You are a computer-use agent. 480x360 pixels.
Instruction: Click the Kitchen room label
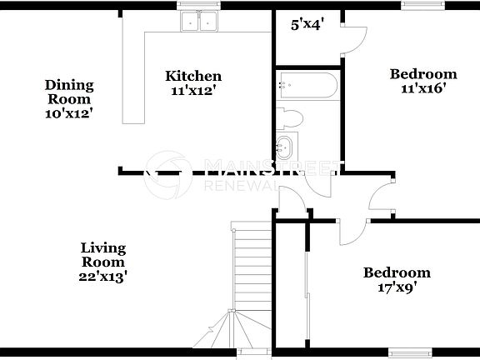click(192, 77)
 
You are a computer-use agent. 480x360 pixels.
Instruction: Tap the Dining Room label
click(69, 92)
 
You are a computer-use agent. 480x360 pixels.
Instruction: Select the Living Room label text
click(103, 255)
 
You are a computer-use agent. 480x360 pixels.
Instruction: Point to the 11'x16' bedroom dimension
click(424, 90)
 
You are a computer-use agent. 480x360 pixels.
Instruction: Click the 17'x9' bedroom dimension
click(397, 288)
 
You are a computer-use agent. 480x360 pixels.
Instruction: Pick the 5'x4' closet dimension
click(307, 26)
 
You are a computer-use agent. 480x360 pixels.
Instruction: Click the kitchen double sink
click(198, 22)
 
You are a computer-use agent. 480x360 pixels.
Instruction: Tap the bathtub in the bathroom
click(308, 85)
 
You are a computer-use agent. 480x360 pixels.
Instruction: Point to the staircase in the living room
click(252, 275)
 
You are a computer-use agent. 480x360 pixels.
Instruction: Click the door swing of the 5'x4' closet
click(352, 35)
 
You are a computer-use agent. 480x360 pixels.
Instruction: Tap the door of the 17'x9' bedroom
click(352, 232)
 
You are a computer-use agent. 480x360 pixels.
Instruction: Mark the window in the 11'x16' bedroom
click(415, 5)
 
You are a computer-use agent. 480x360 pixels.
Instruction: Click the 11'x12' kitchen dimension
click(192, 92)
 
